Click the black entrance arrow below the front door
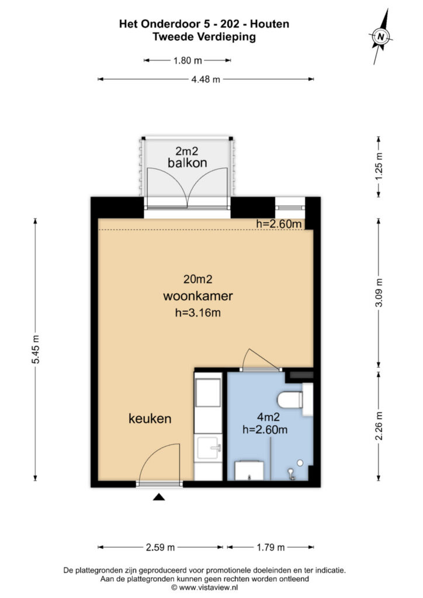159,497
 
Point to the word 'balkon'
187,163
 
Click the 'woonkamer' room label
197,296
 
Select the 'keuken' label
150,418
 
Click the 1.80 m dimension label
187,60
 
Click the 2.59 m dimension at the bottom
160,547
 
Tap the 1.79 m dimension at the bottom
270,547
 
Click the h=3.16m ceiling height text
197,313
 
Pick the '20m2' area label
197,279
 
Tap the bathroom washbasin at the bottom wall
249,470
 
